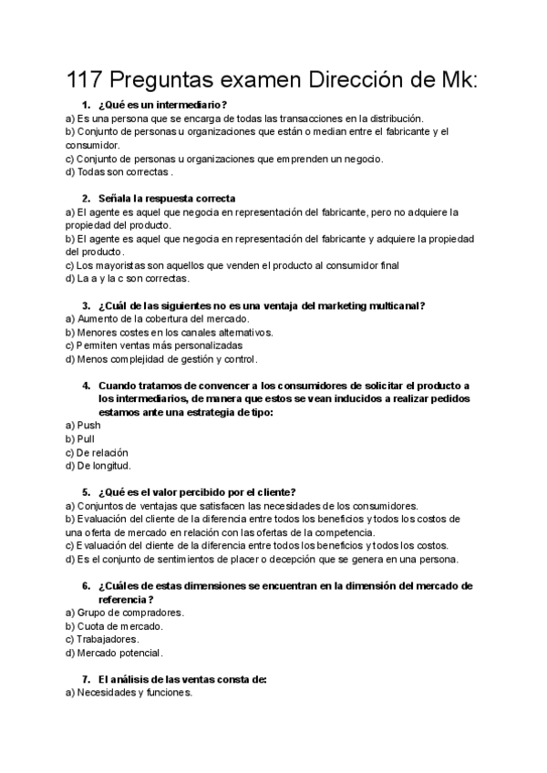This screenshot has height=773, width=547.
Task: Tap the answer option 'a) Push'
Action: click(x=83, y=425)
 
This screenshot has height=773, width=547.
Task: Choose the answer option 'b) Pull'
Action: click(x=80, y=438)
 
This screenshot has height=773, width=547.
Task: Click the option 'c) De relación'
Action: click(x=97, y=452)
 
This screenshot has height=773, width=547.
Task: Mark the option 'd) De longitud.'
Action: click(x=98, y=466)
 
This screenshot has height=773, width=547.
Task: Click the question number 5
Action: click(x=85, y=492)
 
